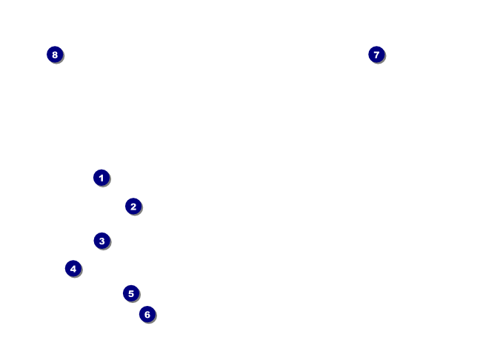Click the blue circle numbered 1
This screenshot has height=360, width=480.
[101, 178]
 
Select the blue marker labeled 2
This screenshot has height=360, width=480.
[133, 207]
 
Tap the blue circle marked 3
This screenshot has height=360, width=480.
[101, 241]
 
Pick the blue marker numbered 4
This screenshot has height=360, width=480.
[73, 269]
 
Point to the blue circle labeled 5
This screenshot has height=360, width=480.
[131, 293]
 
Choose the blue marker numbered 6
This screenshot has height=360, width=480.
[147, 315]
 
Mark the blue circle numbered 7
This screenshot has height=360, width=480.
[376, 54]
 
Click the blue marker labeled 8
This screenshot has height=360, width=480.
[55, 54]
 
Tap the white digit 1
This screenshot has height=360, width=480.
[101, 178]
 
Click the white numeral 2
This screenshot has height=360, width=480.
[133, 207]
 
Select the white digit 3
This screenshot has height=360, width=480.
[101, 241]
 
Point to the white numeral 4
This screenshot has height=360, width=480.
[73, 269]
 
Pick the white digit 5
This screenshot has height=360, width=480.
[131, 293]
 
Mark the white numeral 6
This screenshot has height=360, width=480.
[147, 315]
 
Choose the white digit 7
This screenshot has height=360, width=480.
[376, 54]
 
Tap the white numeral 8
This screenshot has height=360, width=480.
[55, 54]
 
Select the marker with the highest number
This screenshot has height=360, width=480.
[55, 54]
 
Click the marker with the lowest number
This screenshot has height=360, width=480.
[101, 178]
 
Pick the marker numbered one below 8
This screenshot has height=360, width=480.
[376, 54]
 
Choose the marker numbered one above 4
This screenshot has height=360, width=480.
[131, 293]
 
